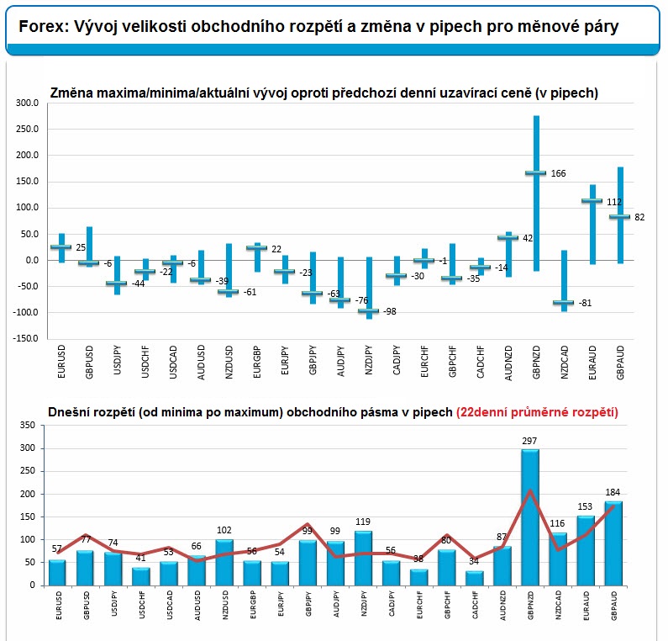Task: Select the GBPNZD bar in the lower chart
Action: click(x=530, y=517)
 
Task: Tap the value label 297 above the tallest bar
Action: click(x=529, y=441)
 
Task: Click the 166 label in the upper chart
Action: click(x=558, y=173)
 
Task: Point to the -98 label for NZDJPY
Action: click(x=390, y=311)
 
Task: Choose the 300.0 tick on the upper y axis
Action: click(x=27, y=103)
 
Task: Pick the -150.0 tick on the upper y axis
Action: click(x=25, y=338)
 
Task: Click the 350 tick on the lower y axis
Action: click(x=27, y=425)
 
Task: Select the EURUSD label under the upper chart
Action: click(x=61, y=362)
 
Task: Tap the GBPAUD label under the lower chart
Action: click(x=614, y=605)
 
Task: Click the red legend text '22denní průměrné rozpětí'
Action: click(x=537, y=412)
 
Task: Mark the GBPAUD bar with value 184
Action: click(x=613, y=543)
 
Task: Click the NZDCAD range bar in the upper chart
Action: click(x=564, y=281)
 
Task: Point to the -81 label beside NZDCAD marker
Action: click(x=585, y=303)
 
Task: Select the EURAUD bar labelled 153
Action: click(x=586, y=550)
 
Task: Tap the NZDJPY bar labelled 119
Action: click(x=363, y=558)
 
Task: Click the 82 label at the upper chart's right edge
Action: click(x=639, y=217)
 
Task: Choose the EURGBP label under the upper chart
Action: click(x=257, y=362)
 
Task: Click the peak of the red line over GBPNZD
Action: click(x=530, y=490)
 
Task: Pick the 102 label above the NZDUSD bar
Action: click(x=224, y=530)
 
